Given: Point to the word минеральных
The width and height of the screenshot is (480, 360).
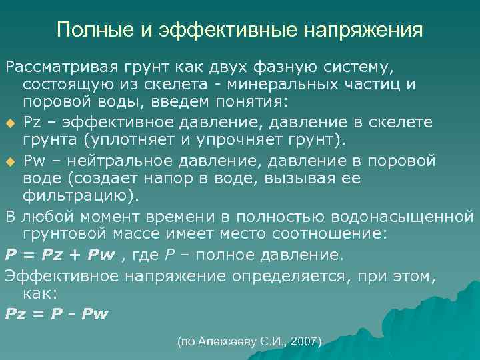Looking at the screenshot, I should [314, 85].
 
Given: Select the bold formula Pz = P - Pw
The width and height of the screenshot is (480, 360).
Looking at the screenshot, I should [57, 313].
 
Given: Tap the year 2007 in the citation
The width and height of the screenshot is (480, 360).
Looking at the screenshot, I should [305, 341].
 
